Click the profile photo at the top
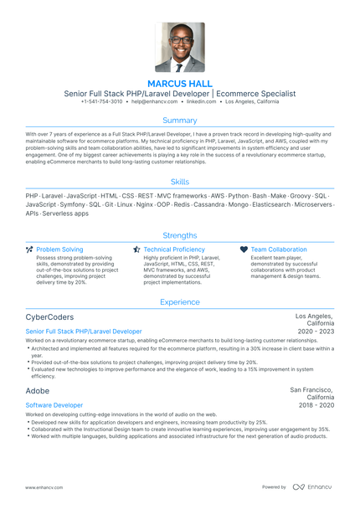[179, 48]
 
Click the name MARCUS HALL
[179, 84]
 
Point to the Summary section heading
[180, 121]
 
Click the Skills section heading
[180, 181]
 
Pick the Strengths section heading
[180, 235]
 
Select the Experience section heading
[180, 301]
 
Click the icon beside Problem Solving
[30, 249]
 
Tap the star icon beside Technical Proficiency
[137, 249]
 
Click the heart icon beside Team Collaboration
[244, 249]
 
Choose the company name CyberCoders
[49, 317]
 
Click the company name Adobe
[38, 391]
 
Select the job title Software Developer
[54, 404]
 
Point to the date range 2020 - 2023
[316, 332]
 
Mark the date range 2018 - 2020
[316, 404]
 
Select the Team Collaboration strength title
[279, 249]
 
